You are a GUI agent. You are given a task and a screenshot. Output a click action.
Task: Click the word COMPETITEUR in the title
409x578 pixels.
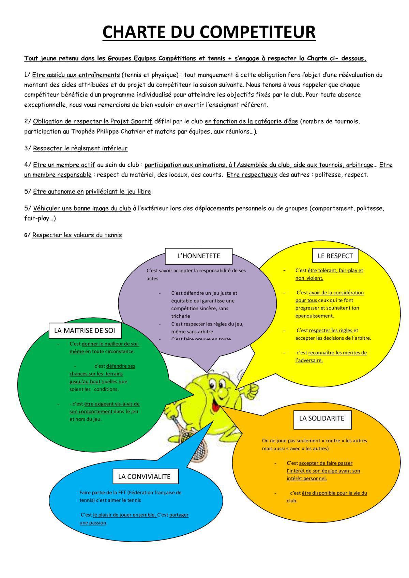tap(257, 32)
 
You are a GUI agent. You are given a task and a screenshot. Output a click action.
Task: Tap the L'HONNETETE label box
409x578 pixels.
tap(198, 256)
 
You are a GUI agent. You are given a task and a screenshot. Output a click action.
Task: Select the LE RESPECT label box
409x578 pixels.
tap(335, 256)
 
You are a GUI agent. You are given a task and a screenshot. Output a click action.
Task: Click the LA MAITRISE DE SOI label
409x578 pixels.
tap(85, 330)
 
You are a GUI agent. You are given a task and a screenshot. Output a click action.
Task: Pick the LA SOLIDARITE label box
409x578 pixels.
tap(321, 418)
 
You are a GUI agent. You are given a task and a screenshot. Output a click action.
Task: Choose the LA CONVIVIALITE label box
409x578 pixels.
tap(144, 476)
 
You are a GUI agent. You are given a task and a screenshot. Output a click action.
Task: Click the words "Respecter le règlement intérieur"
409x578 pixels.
tap(80, 148)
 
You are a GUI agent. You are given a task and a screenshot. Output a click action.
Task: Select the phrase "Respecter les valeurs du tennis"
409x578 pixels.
tap(77, 235)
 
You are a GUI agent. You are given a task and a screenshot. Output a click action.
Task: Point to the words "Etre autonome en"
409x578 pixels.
tap(58, 192)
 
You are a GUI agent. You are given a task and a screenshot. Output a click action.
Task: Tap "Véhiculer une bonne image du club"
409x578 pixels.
tap(82, 208)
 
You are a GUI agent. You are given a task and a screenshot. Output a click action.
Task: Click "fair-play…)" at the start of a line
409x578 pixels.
tap(40, 218)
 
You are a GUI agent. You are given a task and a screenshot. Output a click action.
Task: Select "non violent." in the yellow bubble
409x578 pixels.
tap(309, 278)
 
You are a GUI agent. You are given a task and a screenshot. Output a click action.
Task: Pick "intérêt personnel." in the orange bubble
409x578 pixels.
tap(307, 478)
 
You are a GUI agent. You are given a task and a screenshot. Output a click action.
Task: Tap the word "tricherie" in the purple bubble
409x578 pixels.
tap(181, 316)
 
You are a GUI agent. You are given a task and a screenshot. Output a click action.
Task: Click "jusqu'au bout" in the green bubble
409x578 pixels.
tap(85, 381)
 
